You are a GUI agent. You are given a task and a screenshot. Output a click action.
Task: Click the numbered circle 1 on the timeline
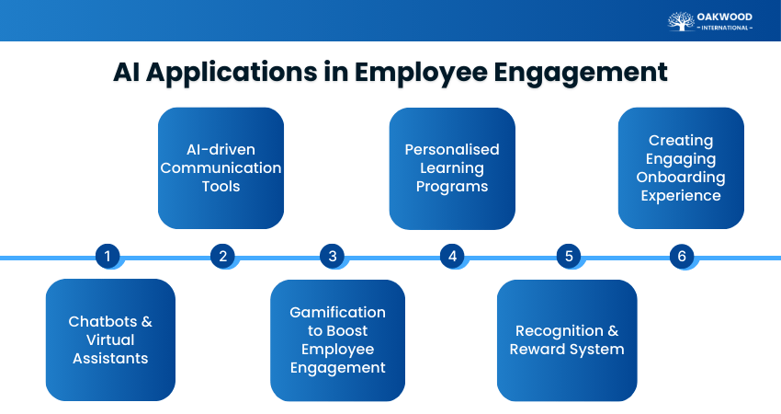[x=108, y=256]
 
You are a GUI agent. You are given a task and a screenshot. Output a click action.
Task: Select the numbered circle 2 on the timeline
[x=222, y=256]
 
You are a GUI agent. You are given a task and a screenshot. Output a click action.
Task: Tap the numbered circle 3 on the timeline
[x=333, y=256]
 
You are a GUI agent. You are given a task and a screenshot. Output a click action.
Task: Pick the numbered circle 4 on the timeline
[x=452, y=256]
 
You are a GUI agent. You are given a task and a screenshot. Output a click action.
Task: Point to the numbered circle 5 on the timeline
[x=568, y=256]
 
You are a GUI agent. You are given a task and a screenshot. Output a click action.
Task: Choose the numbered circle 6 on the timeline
[x=682, y=256]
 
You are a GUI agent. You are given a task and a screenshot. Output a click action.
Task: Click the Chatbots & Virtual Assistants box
[x=110, y=339]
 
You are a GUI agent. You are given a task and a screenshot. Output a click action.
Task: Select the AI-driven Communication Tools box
[x=221, y=167]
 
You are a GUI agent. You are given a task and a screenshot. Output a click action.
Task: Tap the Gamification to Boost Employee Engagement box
[x=337, y=339]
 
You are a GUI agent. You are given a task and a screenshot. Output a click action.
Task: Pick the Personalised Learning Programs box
[x=452, y=167]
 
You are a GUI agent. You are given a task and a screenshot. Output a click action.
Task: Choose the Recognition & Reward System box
[x=567, y=339]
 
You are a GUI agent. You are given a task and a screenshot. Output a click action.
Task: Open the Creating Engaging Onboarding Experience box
[x=681, y=167]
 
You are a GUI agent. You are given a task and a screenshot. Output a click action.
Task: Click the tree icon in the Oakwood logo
[x=681, y=21]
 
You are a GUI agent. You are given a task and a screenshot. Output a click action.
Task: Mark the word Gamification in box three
[x=337, y=313]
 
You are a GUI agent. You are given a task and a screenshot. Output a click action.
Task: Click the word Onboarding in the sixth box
[x=681, y=178]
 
